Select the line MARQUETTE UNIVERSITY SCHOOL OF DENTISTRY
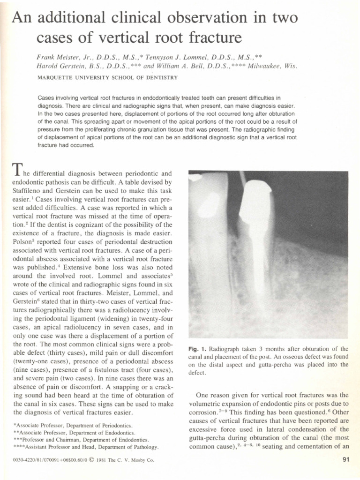pyautogui.click(x=107, y=77)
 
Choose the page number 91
pyautogui.click(x=346, y=460)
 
